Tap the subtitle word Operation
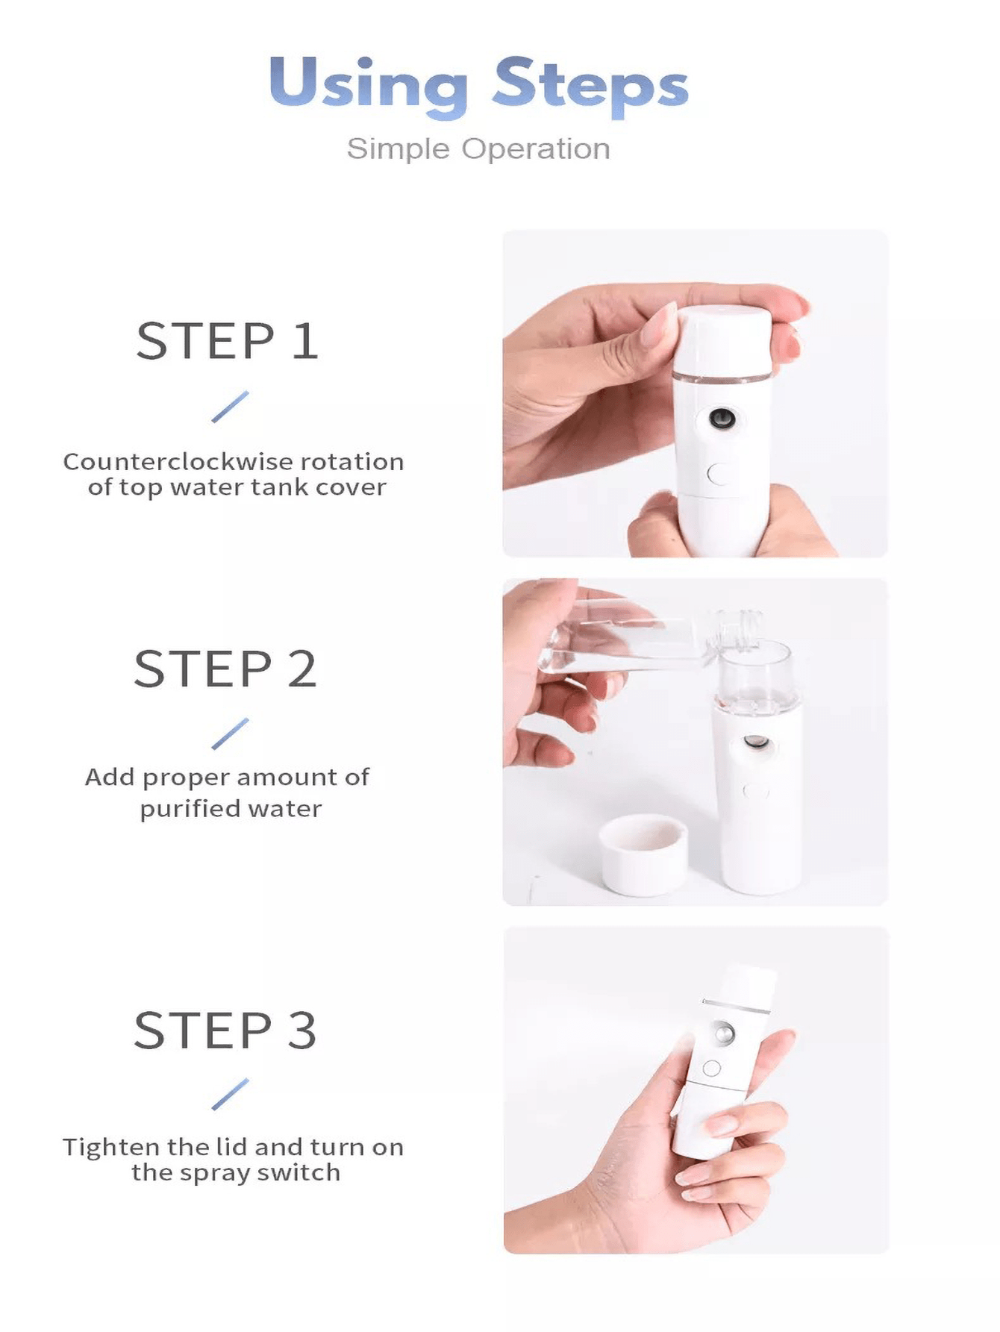click(x=536, y=149)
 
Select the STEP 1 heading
click(x=228, y=342)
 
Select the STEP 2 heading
click(x=225, y=669)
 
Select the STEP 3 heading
click(x=225, y=1031)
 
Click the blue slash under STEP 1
click(x=230, y=407)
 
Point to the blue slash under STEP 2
click(x=230, y=734)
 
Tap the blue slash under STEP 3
click(x=230, y=1094)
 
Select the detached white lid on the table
click(x=644, y=854)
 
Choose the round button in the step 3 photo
click(x=712, y=1069)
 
